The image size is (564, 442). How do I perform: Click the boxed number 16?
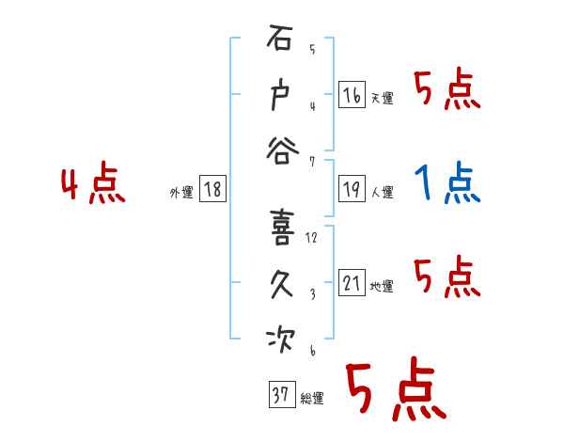point(352,95)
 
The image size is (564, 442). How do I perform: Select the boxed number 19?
point(352,188)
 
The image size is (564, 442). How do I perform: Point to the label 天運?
point(383,98)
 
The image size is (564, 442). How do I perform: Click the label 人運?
point(383,192)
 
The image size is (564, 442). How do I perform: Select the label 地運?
point(383,287)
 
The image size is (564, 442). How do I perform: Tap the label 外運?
point(181,192)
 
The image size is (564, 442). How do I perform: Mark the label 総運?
point(312,398)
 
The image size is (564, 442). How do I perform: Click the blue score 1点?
point(447,182)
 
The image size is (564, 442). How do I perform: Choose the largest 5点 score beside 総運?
point(395,391)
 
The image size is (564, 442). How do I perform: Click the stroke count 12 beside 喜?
point(312,238)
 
